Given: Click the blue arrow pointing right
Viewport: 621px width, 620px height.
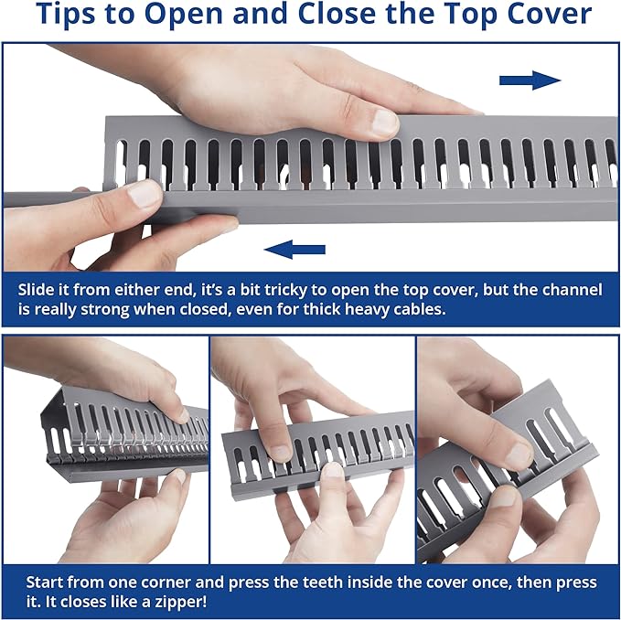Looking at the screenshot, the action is (530, 80).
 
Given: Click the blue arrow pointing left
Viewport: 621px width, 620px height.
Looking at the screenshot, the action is (294, 250).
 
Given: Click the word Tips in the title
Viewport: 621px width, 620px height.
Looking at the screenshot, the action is (65, 14).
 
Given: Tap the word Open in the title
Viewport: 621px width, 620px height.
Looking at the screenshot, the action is (186, 15).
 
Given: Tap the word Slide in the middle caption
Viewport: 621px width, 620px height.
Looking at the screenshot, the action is (36, 289).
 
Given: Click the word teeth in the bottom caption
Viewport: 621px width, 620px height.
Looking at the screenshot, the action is (323, 583).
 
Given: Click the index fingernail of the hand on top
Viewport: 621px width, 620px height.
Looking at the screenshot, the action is (385, 122).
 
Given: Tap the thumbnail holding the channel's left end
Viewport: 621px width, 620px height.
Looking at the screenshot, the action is (143, 195).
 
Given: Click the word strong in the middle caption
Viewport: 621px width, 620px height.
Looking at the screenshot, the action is (106, 309).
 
